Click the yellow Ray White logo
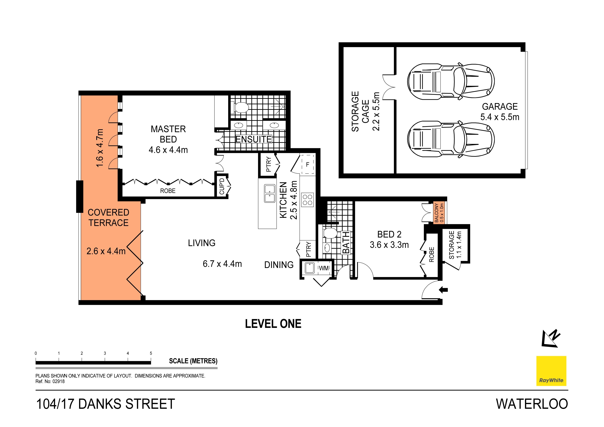tap(551, 371)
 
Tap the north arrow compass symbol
tap(551, 338)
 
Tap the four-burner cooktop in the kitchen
tap(308, 200)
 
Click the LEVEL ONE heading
tap(273, 324)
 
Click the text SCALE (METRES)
tap(193, 361)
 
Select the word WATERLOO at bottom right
tap(532, 404)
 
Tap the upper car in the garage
tap(451, 81)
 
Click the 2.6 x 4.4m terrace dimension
tap(106, 251)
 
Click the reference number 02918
tap(58, 382)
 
